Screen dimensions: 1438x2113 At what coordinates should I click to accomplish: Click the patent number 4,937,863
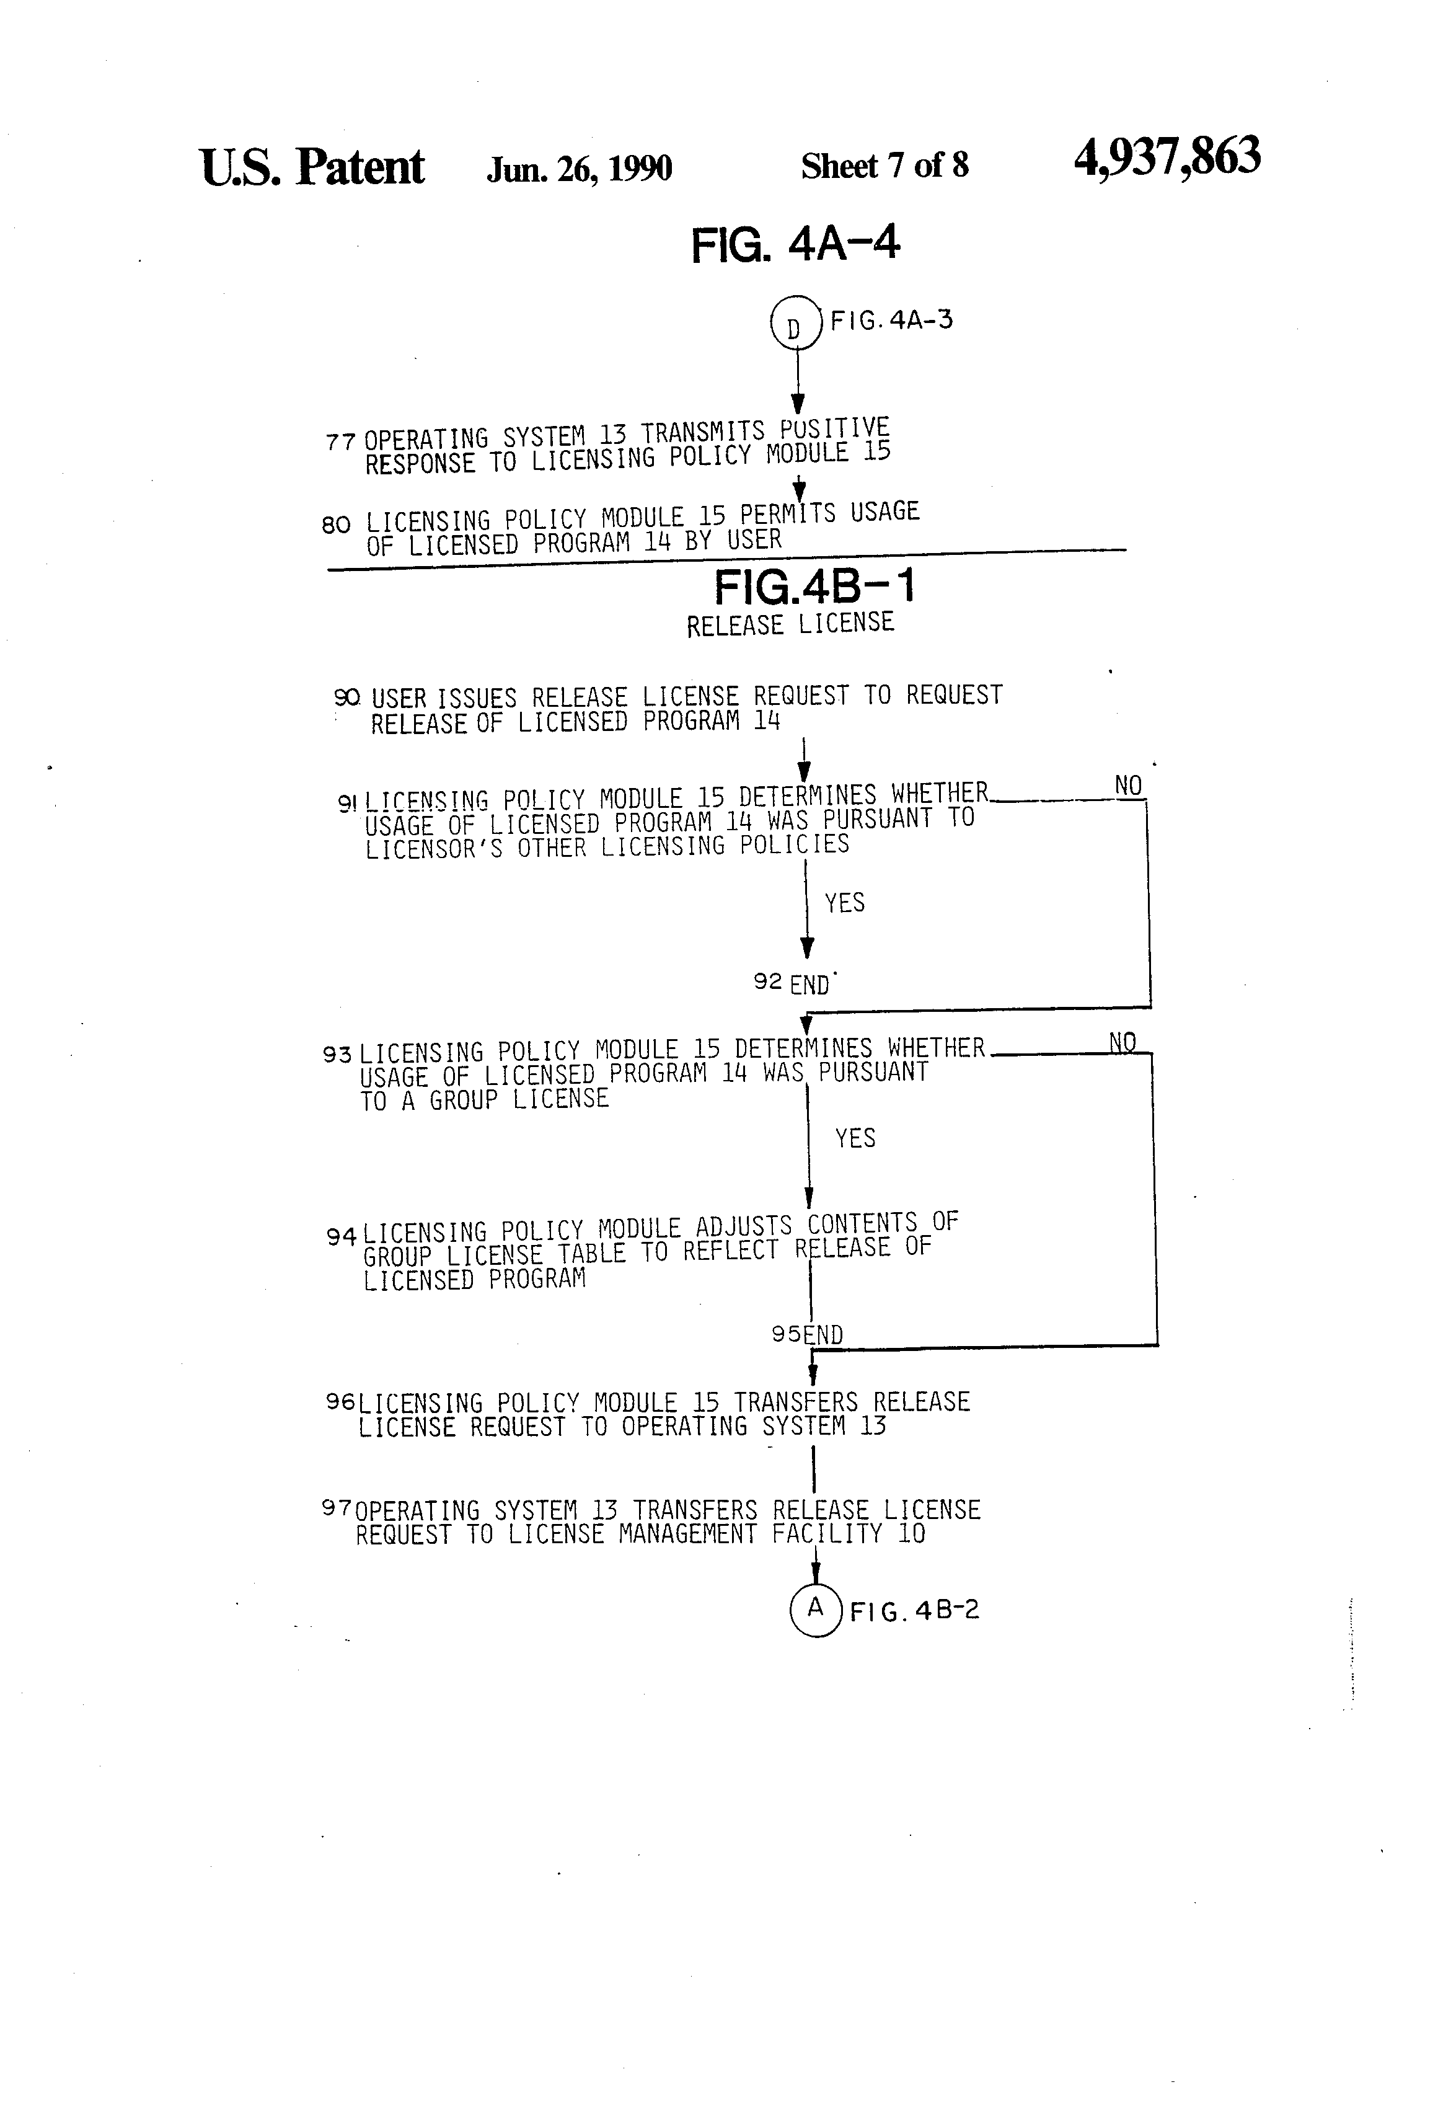point(1167,157)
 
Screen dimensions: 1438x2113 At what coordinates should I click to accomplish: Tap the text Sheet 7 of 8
point(884,166)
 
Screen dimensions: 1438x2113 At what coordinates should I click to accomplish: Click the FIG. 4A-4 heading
point(795,244)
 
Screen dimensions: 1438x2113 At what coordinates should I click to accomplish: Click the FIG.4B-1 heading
point(814,587)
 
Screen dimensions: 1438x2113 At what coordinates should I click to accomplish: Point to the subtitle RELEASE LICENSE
point(790,624)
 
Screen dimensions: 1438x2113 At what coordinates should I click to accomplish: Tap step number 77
point(340,443)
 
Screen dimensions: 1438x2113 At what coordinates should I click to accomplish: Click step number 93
point(337,1055)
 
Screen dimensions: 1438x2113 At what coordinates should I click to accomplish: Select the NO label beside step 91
point(1128,786)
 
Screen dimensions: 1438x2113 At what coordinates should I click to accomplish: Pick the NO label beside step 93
point(1123,1042)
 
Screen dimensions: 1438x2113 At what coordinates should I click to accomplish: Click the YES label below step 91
point(844,903)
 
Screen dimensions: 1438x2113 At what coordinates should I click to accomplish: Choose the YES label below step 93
point(855,1138)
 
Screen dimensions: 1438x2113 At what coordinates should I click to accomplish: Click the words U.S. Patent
point(312,168)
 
